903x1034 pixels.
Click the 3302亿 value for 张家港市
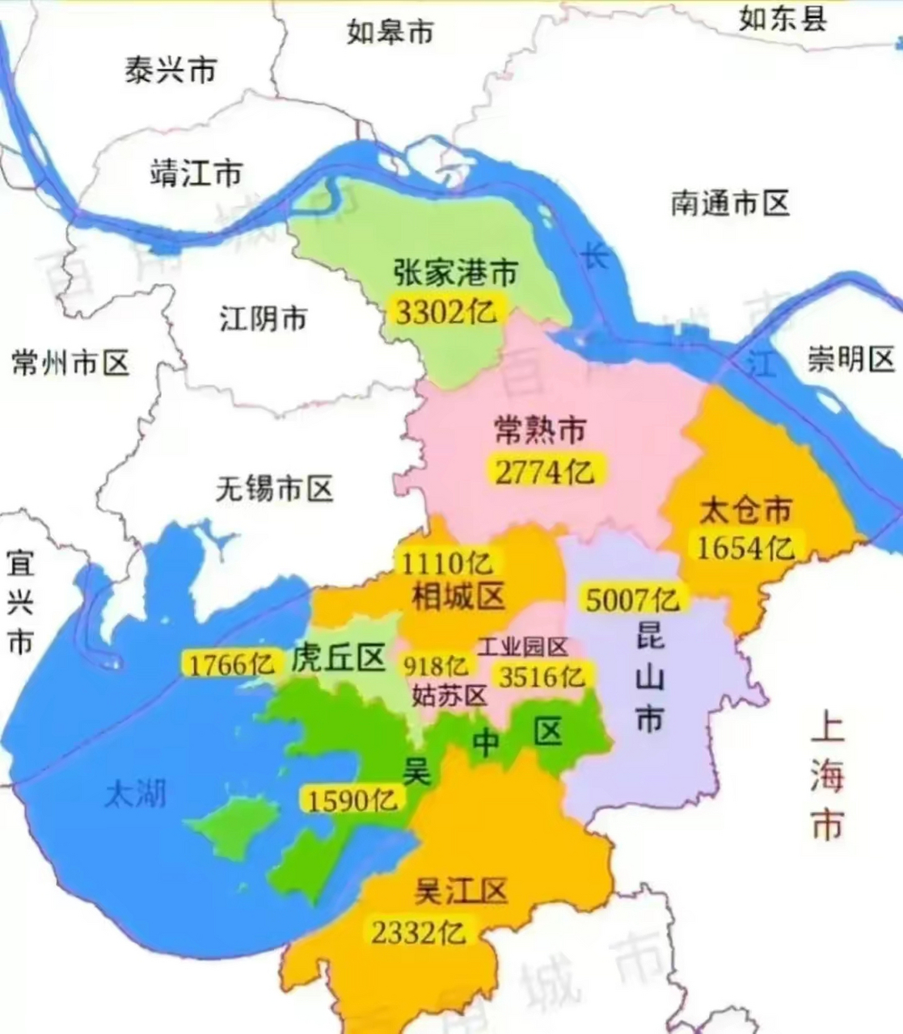click(445, 311)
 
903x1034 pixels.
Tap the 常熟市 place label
click(539, 431)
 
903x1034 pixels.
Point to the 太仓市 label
click(745, 511)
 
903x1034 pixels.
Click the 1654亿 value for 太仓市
click(745, 549)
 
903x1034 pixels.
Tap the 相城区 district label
click(458, 596)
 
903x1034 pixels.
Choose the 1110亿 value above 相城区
click(446, 562)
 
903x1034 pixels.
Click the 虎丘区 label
click(338, 658)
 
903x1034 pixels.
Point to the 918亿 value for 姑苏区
click(436, 666)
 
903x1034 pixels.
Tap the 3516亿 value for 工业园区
click(541, 675)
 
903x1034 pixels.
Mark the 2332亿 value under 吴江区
click(419, 932)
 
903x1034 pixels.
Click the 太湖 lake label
click(135, 794)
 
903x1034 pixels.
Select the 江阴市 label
click(264, 318)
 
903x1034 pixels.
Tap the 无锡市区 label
click(275, 488)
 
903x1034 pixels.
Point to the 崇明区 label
click(850, 359)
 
